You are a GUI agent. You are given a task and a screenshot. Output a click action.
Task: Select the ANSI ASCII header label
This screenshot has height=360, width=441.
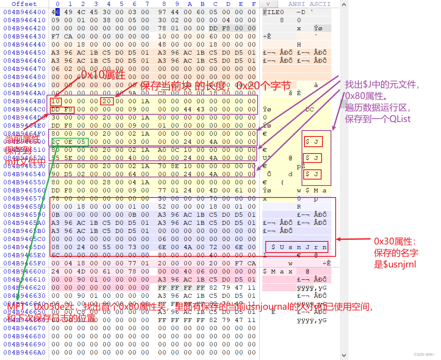pos(309,4)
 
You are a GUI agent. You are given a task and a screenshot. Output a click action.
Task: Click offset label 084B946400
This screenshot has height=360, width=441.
pos(24,12)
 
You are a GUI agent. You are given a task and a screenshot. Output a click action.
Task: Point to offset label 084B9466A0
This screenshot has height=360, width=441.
pos(24,352)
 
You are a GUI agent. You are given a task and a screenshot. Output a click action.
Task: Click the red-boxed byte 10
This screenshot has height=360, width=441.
pos(56,102)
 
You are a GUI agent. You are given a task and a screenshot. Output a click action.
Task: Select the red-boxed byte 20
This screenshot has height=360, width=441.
pos(107,102)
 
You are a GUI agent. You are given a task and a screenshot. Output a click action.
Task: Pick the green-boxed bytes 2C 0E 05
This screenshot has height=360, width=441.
pos(70,142)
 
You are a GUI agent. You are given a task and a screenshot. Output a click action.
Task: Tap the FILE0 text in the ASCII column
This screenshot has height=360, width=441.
pos(273,12)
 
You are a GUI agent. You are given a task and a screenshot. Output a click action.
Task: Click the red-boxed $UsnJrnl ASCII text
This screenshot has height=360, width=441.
pos(297,247)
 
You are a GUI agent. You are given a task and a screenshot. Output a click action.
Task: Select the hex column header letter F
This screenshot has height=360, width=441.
pos(254,4)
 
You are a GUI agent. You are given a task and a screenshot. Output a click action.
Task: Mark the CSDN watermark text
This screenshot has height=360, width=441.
pos(425,354)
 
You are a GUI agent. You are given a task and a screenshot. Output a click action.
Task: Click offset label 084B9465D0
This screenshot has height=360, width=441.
pos(24,247)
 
